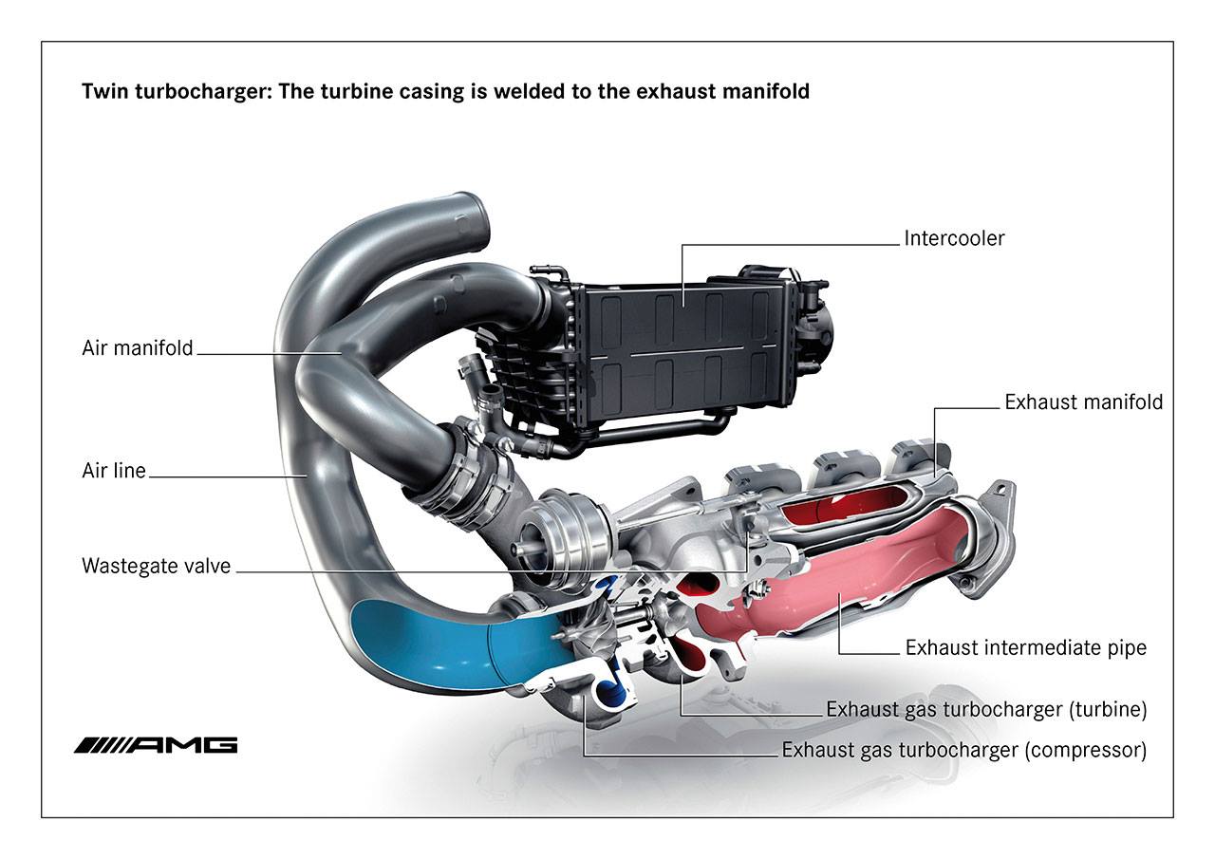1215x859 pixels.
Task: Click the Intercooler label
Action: click(x=954, y=237)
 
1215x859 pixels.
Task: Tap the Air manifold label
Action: click(x=138, y=348)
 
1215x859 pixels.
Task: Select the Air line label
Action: click(x=114, y=470)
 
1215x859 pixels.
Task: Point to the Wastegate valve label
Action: click(x=156, y=567)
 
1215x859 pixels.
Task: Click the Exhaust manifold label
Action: click(x=1083, y=402)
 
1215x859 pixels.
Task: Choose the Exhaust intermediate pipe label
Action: click(x=1025, y=648)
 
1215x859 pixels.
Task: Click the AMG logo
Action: click(x=156, y=744)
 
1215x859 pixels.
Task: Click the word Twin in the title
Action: click(x=103, y=93)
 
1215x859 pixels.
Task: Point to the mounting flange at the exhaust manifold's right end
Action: click(x=992, y=541)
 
